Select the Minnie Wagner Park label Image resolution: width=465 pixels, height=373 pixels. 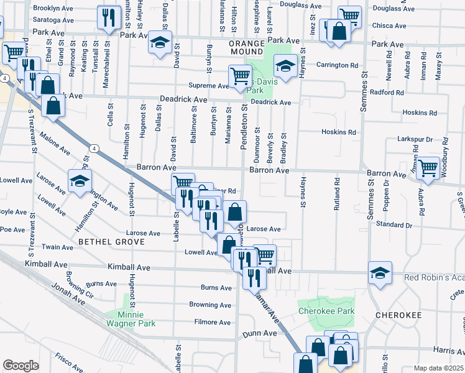click(x=131, y=318)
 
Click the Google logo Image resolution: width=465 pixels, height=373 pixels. click(x=21, y=366)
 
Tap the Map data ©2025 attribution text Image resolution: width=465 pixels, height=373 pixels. click(x=438, y=368)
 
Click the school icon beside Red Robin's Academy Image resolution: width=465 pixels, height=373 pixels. click(x=380, y=272)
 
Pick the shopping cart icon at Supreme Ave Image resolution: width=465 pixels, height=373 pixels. click(x=239, y=76)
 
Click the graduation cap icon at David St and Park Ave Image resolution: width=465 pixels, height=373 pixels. click(x=160, y=43)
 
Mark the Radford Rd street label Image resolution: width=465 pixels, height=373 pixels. click(x=387, y=93)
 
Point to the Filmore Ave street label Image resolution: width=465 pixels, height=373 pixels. click(x=212, y=322)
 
